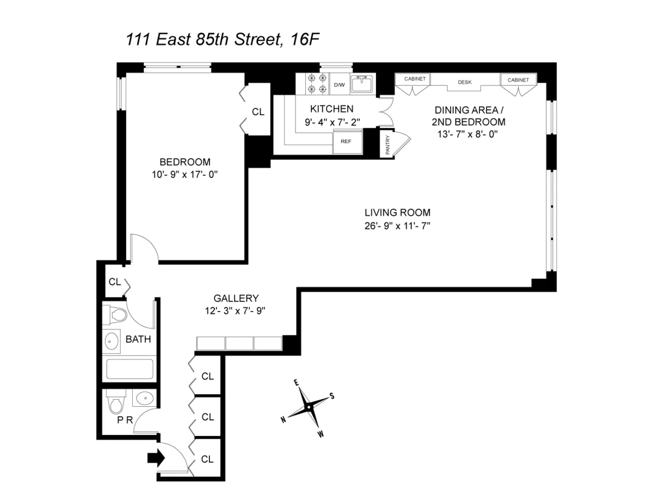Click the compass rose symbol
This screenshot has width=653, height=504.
pos(309,407)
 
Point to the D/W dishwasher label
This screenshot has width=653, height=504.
pos(339,85)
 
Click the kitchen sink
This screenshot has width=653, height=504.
pos(361,84)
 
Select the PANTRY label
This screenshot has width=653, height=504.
pos(387,145)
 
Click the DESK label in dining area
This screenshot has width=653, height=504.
pos(464,83)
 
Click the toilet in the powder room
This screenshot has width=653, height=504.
pos(115,404)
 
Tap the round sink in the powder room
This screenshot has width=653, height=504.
pos(143,398)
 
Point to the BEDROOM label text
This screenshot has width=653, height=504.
pos(184,162)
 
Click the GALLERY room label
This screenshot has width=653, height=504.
pos(235,298)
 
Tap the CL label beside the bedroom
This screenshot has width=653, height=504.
pos(258,112)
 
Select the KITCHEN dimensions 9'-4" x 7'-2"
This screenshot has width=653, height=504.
pos(332,122)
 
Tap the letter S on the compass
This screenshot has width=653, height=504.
pos(331,396)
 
